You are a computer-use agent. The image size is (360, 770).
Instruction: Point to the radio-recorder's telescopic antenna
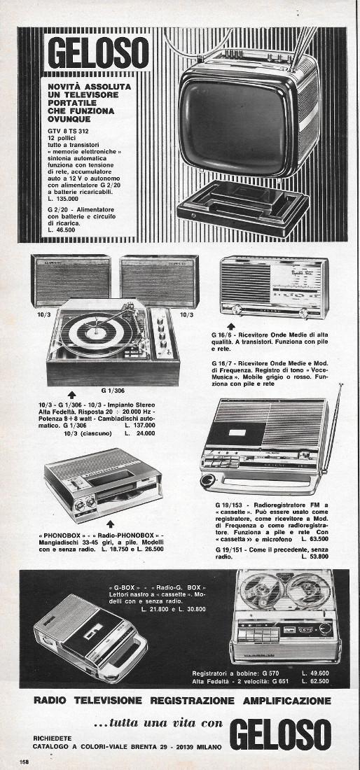pos(331,420)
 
